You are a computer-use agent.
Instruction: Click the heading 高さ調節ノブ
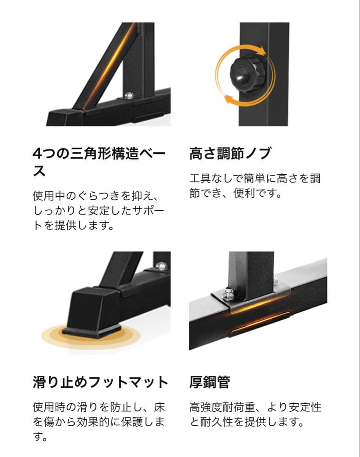230,154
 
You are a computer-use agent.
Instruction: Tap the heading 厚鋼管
210,382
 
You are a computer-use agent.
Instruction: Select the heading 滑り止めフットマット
100,382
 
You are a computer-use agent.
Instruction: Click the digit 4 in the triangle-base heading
37,154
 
